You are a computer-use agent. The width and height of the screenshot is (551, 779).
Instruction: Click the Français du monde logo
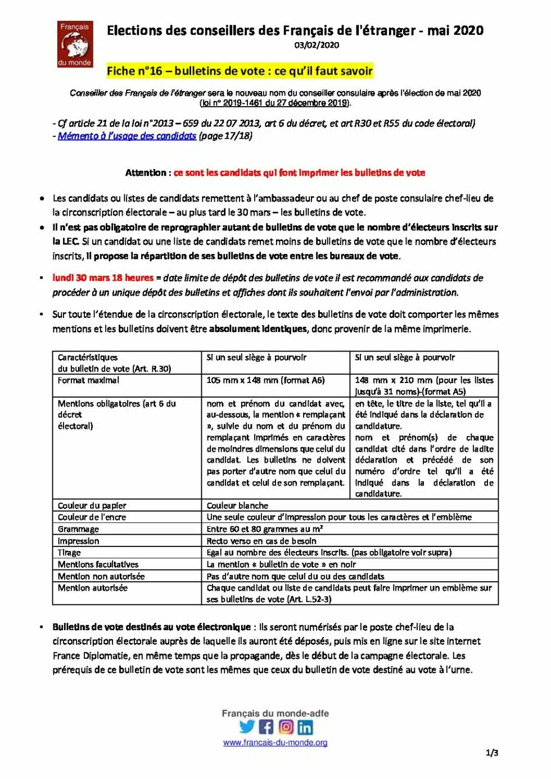(x=75, y=44)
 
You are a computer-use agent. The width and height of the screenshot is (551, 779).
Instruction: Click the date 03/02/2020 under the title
(x=317, y=45)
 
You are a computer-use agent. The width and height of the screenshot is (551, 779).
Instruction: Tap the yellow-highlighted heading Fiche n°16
(x=240, y=71)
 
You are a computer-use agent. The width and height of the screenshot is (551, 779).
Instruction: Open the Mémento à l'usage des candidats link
(x=127, y=136)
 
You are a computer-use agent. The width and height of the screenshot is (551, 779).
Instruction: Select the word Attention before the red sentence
(x=145, y=173)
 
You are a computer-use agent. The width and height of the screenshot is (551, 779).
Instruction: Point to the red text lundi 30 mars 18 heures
(x=103, y=278)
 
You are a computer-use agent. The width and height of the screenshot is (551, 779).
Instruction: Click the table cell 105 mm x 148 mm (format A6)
(x=265, y=380)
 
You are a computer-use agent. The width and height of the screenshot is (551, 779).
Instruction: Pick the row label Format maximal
(x=88, y=380)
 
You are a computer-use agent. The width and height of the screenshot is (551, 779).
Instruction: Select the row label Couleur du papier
(x=92, y=505)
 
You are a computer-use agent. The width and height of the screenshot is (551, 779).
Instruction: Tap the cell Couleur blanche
(x=237, y=505)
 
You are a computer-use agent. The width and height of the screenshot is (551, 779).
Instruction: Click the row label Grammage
(x=78, y=529)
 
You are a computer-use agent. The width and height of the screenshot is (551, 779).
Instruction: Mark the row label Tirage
(x=69, y=553)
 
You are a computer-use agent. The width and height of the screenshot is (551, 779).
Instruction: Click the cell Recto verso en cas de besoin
(x=261, y=541)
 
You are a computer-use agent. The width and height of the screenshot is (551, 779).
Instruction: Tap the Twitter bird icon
(x=247, y=727)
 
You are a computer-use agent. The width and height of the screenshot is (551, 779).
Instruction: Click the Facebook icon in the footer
(x=267, y=727)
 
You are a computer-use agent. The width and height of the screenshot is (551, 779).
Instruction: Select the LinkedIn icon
(x=305, y=727)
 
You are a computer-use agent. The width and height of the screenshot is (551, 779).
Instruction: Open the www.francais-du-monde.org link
(x=275, y=742)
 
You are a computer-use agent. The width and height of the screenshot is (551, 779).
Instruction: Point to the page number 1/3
(x=491, y=753)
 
